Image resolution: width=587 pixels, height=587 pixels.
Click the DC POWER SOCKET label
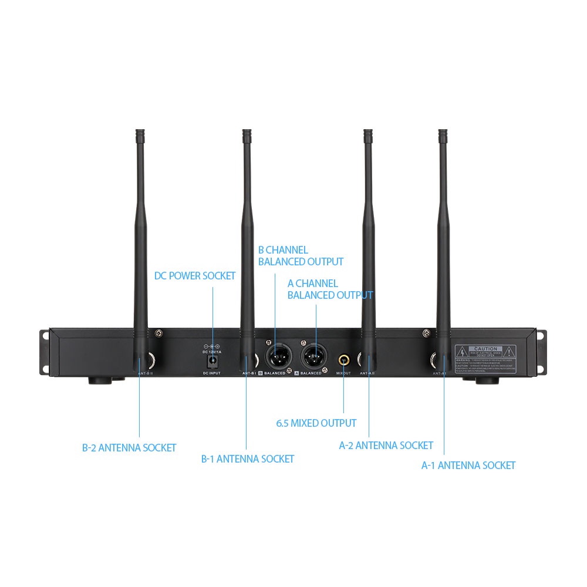pos(195,276)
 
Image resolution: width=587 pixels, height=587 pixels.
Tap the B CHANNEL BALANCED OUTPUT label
pos(301,256)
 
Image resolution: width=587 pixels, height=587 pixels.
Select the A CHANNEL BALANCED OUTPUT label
pos(330,289)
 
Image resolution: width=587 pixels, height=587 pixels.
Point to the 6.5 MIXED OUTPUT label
pos(316,423)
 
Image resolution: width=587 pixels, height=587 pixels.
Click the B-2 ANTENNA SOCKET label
pos(129,448)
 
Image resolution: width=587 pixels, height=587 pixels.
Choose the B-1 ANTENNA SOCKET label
pos(248,459)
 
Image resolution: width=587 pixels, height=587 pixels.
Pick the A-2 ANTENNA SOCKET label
pos(386,446)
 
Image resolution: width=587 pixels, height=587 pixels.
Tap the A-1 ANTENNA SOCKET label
pos(468,465)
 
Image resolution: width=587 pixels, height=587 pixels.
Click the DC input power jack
pos(212,359)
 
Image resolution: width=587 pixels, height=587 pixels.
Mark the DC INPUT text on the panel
pos(212,373)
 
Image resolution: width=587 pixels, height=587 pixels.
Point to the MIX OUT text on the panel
pos(343,373)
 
